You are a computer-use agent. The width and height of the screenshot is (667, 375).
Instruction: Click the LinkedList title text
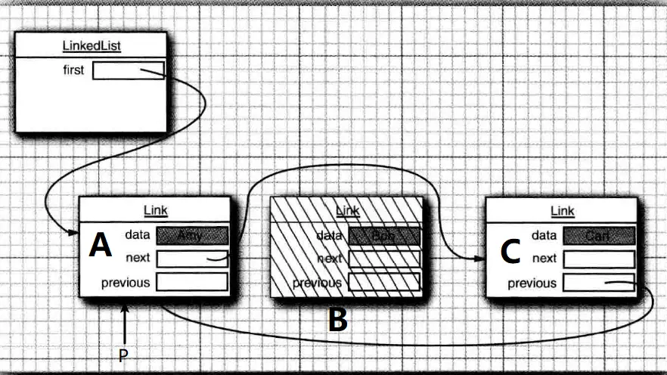pos(92,46)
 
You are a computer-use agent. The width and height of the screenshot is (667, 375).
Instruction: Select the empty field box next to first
pos(128,71)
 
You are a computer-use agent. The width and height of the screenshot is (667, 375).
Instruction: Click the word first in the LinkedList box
pos(73,71)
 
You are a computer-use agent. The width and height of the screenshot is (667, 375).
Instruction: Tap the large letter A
pos(101,245)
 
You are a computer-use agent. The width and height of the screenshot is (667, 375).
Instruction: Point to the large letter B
pos(337,321)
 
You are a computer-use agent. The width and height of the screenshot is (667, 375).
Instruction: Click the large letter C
pos(510,252)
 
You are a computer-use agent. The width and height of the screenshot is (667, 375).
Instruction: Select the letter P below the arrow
pos(124,355)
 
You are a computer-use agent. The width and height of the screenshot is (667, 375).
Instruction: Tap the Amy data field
pos(192,235)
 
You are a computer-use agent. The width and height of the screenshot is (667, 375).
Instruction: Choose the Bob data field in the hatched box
pos(384,235)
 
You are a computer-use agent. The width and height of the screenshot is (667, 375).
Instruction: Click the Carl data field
pos(598,235)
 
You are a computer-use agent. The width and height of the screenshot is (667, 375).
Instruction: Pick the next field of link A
pos(192,259)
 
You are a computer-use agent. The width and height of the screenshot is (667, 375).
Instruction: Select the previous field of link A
pos(192,283)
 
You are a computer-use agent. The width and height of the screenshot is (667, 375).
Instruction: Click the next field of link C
pos(598,259)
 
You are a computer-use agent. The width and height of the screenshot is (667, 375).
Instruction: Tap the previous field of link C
pos(598,283)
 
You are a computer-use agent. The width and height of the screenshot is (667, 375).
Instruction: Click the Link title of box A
pos(155,211)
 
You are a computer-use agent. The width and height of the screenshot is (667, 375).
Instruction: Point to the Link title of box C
pos(562,211)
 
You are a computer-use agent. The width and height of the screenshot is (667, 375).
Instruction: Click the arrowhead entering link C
pos(479,259)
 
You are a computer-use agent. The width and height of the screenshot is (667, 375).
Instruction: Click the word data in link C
pos(544,235)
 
